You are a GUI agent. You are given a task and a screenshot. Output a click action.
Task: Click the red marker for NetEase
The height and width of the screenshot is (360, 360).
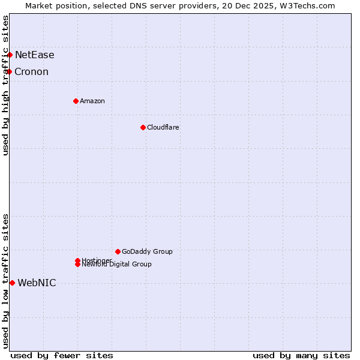coord(10,55)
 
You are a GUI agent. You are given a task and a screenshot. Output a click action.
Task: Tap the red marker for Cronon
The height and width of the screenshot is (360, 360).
coord(9,72)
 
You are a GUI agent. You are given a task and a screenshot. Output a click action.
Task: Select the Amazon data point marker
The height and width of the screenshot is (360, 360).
coord(76,101)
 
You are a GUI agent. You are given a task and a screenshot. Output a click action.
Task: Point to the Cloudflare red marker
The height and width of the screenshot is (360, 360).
coord(143,127)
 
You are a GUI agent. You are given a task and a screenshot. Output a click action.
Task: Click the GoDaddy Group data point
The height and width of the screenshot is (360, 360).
coord(118,251)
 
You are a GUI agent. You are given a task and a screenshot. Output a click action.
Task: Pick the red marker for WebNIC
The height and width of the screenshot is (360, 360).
coord(12,283)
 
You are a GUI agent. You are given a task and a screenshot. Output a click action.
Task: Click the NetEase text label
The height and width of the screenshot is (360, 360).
coord(35,55)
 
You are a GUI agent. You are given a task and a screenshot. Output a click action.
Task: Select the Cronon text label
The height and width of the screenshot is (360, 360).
coord(32,72)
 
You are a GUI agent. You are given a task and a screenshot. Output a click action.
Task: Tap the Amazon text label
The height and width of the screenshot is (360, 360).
coord(92,101)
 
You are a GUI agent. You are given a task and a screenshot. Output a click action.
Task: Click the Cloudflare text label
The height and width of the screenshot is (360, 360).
coord(163,127)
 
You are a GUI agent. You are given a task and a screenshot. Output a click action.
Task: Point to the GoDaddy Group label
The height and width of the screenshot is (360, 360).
coord(147,251)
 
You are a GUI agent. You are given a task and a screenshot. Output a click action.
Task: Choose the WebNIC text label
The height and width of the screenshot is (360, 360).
coord(37,283)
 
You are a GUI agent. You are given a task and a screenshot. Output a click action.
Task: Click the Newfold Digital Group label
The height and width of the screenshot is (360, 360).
coord(117,265)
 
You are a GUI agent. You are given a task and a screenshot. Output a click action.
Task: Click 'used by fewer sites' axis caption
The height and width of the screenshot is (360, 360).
coord(62,355)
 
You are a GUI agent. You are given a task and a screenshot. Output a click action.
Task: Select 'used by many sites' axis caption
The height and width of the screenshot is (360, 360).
coord(301,355)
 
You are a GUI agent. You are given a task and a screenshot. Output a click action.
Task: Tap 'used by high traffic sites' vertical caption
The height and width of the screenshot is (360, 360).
coord(6,85)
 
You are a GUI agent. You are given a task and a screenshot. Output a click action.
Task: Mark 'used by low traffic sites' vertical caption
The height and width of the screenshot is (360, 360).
coord(6,281)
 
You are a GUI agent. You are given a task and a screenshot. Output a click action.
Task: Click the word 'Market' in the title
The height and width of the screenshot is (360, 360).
coord(40,5)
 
